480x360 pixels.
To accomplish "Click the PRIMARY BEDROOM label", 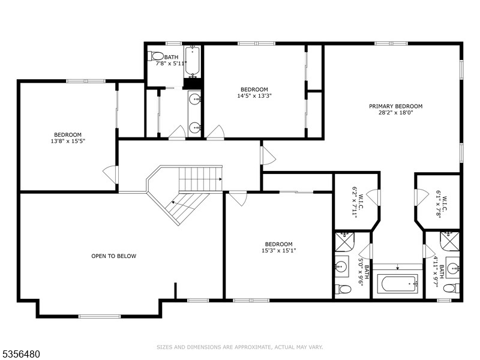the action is click(x=395, y=106).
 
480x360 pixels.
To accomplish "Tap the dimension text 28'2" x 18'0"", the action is click(x=395, y=113).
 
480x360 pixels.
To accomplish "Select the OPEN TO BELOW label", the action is click(x=113, y=256).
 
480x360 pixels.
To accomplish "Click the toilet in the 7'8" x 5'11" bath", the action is click(x=156, y=56).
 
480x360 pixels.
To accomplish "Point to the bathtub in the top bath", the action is click(x=192, y=61).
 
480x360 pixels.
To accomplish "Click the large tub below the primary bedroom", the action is click(x=397, y=284).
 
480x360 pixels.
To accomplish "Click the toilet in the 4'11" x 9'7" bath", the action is click(x=452, y=288).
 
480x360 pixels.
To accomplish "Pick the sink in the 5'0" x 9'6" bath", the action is click(x=340, y=266).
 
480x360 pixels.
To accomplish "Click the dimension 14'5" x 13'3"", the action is click(x=254, y=96).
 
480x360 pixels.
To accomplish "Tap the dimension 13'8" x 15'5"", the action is click(x=68, y=141).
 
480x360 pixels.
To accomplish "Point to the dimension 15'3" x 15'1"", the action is click(x=278, y=250).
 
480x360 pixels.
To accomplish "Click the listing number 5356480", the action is click(x=20, y=354).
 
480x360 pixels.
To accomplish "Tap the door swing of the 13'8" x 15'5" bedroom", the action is click(x=109, y=175).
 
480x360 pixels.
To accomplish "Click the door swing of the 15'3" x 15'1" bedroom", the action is click(x=238, y=199).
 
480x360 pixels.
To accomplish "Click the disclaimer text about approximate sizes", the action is click(x=239, y=347).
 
